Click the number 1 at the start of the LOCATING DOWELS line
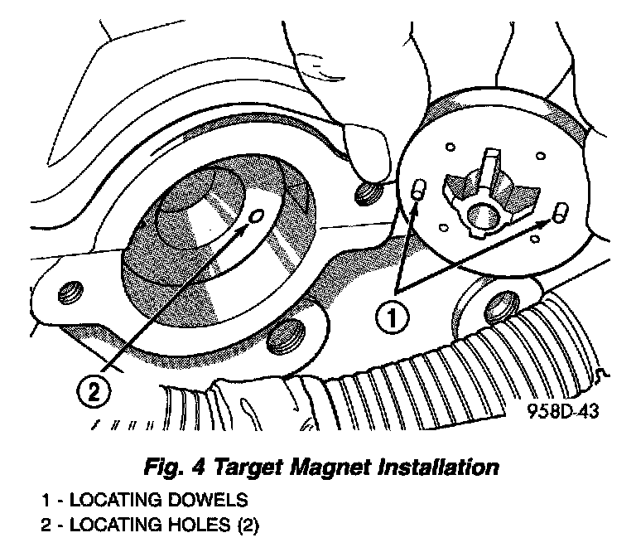point(47,501)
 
